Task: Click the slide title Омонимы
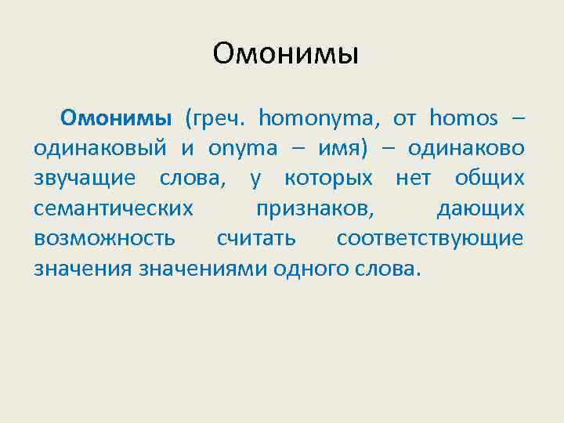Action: (x=284, y=54)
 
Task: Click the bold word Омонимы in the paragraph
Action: (x=117, y=118)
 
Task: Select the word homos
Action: (x=464, y=119)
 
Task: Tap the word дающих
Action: (x=480, y=208)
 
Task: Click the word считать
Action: (x=256, y=238)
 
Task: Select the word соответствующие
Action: (x=429, y=238)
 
